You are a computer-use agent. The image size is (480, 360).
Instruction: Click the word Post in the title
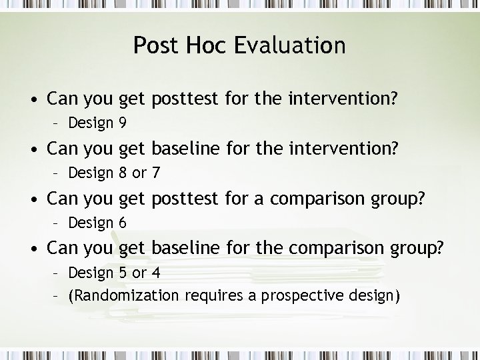coord(155,45)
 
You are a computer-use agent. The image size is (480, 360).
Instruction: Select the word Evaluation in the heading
coord(293,45)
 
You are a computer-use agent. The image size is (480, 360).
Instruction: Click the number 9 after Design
coord(123,123)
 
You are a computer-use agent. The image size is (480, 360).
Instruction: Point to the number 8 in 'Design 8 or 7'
coord(123,173)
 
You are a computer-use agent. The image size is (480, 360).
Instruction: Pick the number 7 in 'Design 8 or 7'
coord(155,173)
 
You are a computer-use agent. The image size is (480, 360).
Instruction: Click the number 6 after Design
coord(123,223)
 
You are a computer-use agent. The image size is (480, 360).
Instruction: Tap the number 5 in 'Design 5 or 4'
coord(123,273)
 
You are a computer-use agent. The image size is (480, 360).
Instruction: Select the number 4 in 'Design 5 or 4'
coord(155,273)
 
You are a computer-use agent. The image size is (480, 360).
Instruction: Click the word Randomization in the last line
coord(125,295)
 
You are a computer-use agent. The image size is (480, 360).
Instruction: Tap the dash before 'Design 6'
coord(59,223)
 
